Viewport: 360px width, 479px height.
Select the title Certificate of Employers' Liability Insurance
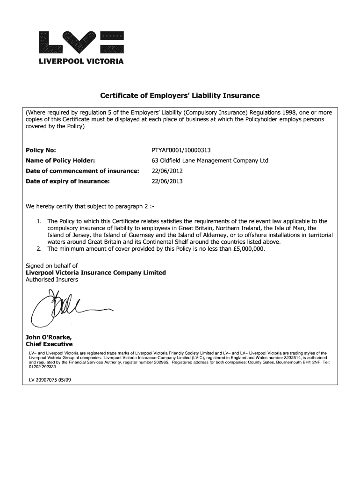pos(180,96)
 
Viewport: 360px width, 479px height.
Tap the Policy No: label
pos(41,150)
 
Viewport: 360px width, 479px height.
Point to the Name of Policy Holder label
pos(60,160)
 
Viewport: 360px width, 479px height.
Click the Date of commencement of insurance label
pos(82,171)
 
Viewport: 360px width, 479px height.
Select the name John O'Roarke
pos(48,337)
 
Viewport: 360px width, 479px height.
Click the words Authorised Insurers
pos(51,280)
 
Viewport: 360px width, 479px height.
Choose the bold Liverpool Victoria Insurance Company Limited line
pos(95,273)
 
